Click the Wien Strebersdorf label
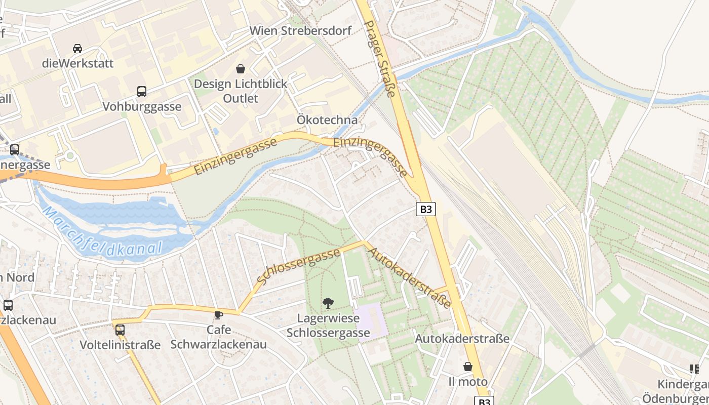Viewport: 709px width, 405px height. tap(301, 31)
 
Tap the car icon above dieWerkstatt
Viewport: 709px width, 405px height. tap(77, 49)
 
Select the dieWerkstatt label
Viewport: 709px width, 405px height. tap(77, 64)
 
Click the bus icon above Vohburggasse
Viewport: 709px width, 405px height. tap(142, 92)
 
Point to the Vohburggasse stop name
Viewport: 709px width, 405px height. tap(142, 107)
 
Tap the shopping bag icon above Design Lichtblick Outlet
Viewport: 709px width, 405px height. tap(241, 69)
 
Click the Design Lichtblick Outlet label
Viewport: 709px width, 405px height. tap(241, 91)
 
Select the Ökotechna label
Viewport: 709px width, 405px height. tap(327, 120)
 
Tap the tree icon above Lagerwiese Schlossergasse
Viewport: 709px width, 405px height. tap(328, 303)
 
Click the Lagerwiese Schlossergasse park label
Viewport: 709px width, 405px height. tap(328, 326)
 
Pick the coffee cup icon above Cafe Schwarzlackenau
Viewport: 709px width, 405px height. tap(219, 315)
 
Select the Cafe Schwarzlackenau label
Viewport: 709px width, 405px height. tap(219, 337)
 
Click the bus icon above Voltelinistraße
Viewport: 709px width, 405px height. tap(120, 330)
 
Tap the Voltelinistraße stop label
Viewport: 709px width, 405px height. tap(120, 345)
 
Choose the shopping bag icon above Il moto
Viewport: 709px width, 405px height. tap(468, 366)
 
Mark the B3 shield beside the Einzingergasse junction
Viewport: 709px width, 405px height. tap(426, 209)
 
